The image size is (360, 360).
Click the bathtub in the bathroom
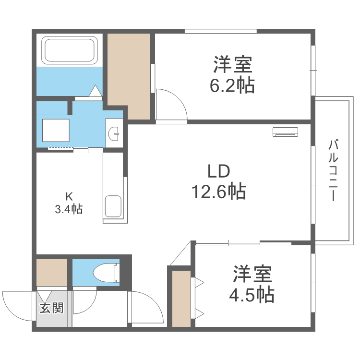click(70, 50)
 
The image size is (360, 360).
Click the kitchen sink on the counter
click(113, 206)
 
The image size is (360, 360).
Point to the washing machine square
click(56, 130)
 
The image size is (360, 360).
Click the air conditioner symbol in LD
click(285, 132)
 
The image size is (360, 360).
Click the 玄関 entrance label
click(51, 308)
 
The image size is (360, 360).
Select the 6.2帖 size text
click(232, 86)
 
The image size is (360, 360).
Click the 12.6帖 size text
click(219, 192)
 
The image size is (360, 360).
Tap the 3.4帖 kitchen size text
click(70, 209)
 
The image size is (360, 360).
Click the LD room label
click(219, 171)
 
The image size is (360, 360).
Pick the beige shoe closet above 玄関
click(52, 273)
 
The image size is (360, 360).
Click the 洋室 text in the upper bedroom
click(232, 64)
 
